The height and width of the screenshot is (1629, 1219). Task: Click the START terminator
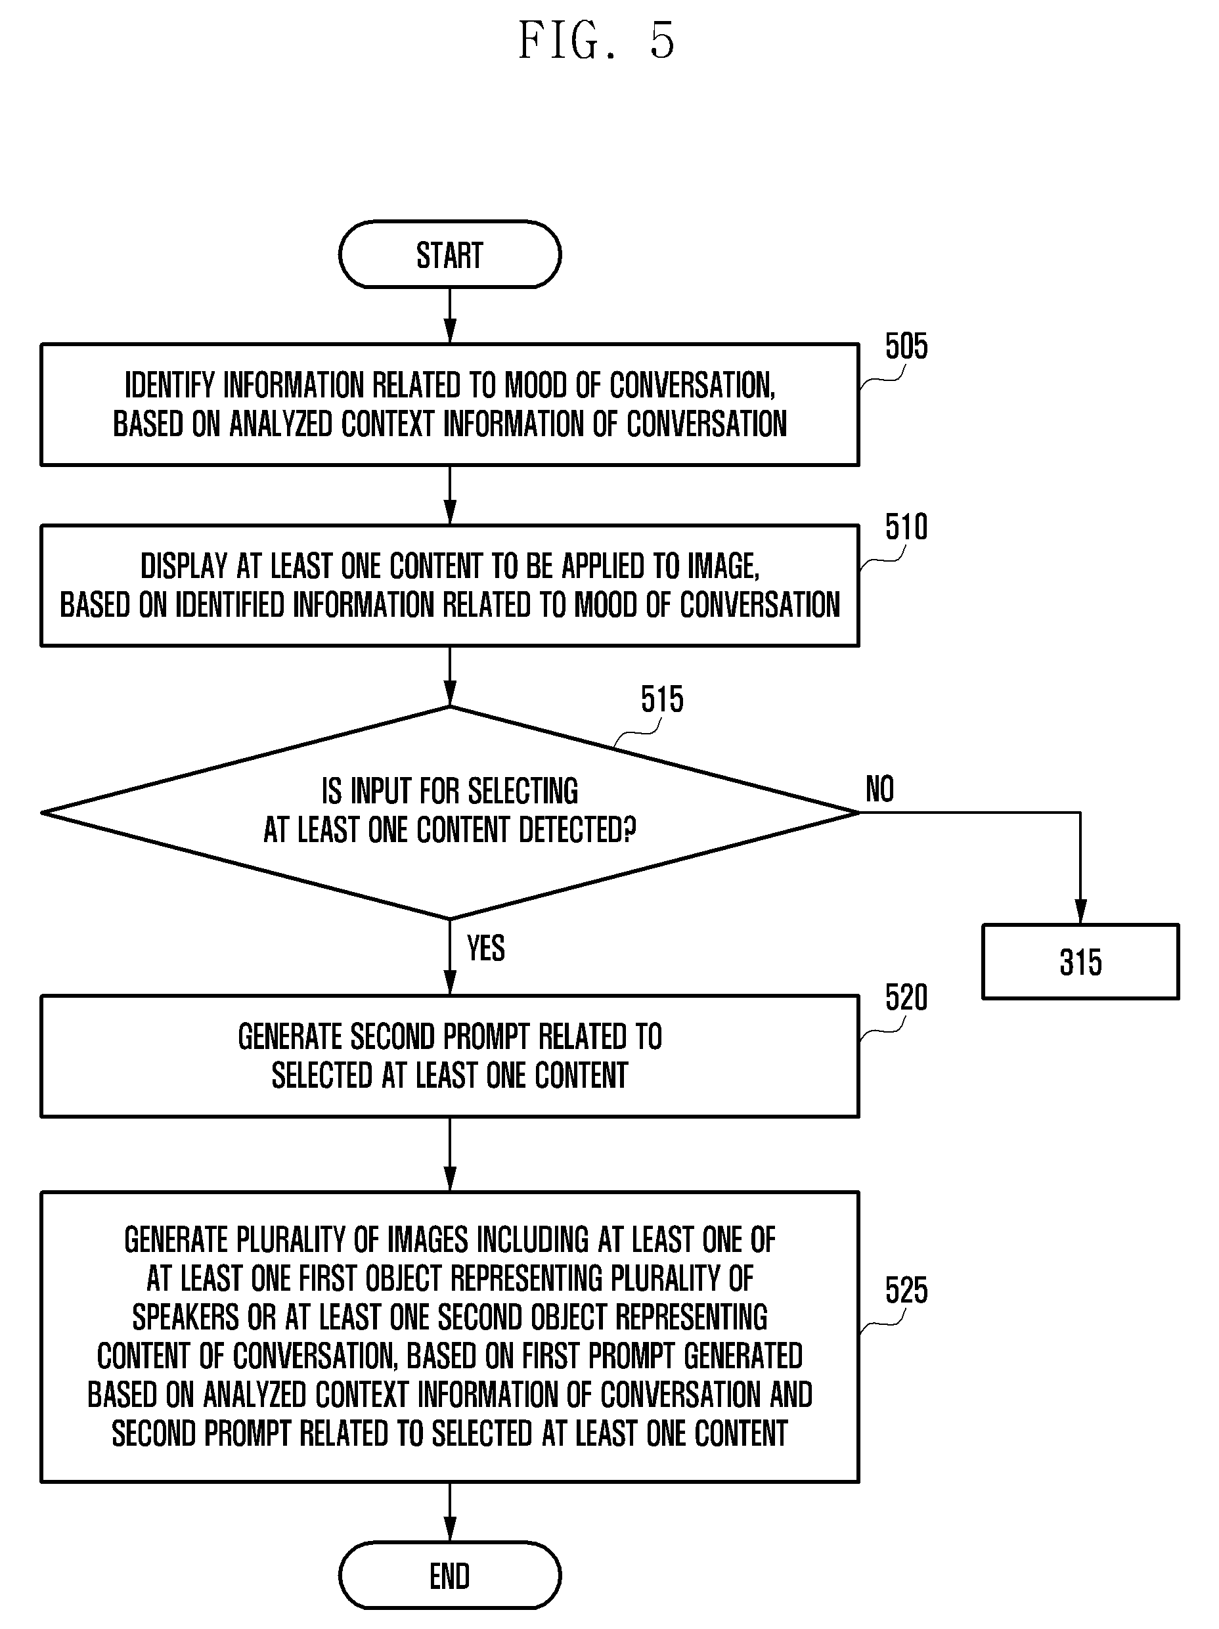pos(449,255)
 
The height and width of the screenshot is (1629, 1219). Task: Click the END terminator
pos(449,1575)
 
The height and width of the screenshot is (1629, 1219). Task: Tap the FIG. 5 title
pos(596,41)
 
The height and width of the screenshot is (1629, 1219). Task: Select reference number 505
pos(906,346)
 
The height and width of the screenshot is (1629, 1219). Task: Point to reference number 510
pos(906,527)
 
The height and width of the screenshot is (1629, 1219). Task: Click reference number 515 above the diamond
pos(661,699)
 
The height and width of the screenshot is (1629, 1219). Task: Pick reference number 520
pos(906,998)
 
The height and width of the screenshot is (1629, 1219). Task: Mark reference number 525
pos(906,1291)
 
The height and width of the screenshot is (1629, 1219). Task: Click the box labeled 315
pos(1080,962)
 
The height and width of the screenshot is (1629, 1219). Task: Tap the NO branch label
pos(879,789)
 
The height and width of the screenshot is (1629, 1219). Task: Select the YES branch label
pos(485,948)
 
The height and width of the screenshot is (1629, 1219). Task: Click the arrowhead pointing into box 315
pos(1080,912)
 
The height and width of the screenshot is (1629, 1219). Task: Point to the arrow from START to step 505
pos(449,316)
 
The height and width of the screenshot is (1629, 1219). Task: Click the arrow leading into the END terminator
pos(449,1512)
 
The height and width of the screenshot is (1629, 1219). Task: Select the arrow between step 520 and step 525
pos(449,1154)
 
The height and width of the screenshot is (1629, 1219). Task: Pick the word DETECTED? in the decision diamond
pos(577,830)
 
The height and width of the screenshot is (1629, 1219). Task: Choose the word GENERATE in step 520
pos(290,1037)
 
